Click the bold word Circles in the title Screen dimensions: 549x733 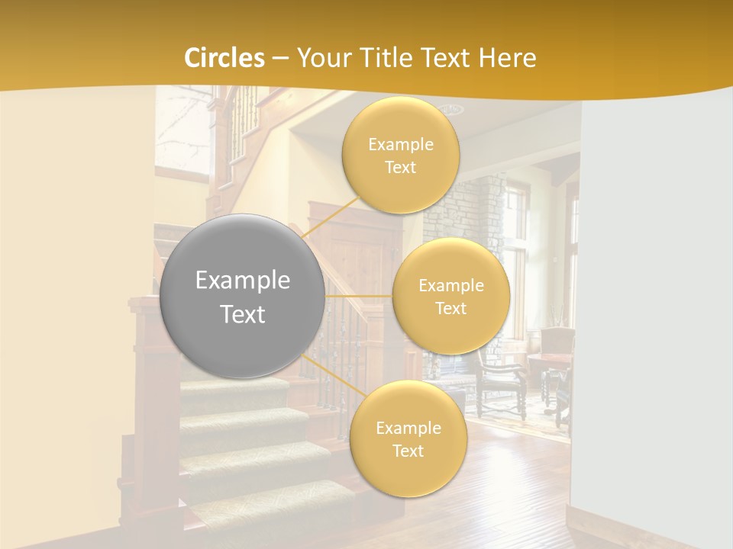point(224,58)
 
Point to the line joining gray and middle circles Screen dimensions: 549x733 point(359,296)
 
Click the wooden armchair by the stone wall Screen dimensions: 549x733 point(500,381)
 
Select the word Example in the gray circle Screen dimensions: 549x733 point(243,281)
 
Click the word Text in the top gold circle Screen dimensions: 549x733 point(400,168)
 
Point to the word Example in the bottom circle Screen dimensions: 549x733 point(408,429)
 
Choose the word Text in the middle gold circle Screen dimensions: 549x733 point(450,309)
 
